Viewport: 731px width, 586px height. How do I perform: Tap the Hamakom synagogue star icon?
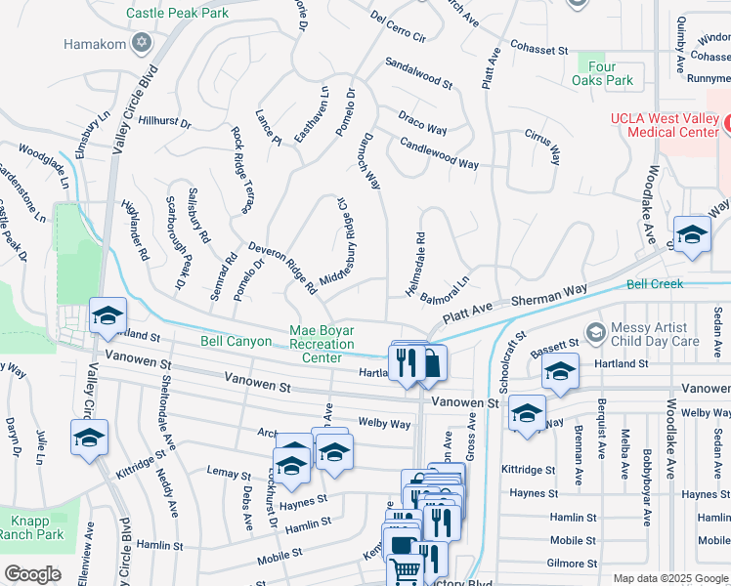[143, 44]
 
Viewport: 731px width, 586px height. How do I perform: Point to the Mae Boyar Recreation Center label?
[322, 345]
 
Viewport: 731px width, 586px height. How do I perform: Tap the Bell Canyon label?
[236, 342]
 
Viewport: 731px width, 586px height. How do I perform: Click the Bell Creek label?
[655, 284]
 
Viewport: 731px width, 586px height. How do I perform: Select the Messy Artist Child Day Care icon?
[593, 334]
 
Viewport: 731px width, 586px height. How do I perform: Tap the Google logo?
[32, 574]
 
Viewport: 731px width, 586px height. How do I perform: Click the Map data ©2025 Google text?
[670, 578]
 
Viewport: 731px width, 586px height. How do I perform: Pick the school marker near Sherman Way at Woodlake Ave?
[692, 235]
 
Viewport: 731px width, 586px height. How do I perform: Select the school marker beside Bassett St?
[560, 372]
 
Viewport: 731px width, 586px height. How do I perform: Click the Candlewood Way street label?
[440, 154]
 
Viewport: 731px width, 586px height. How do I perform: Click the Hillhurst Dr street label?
[165, 122]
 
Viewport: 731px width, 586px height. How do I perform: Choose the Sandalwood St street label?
[418, 73]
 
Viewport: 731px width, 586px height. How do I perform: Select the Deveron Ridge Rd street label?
[282, 269]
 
